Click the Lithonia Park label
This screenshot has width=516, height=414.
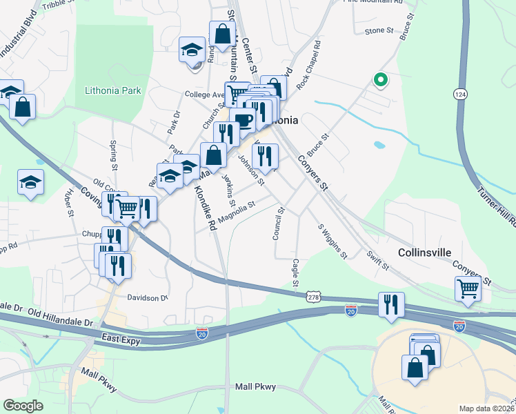pyautogui.click(x=112, y=90)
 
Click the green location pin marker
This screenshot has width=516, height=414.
pyautogui.click(x=379, y=80)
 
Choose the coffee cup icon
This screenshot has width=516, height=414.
pyautogui.click(x=243, y=120)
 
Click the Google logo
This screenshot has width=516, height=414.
pyautogui.click(x=23, y=406)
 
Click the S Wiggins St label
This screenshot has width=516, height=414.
pyautogui.click(x=331, y=241)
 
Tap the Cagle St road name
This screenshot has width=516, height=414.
pyautogui.click(x=295, y=273)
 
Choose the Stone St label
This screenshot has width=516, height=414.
pyautogui.click(x=378, y=31)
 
